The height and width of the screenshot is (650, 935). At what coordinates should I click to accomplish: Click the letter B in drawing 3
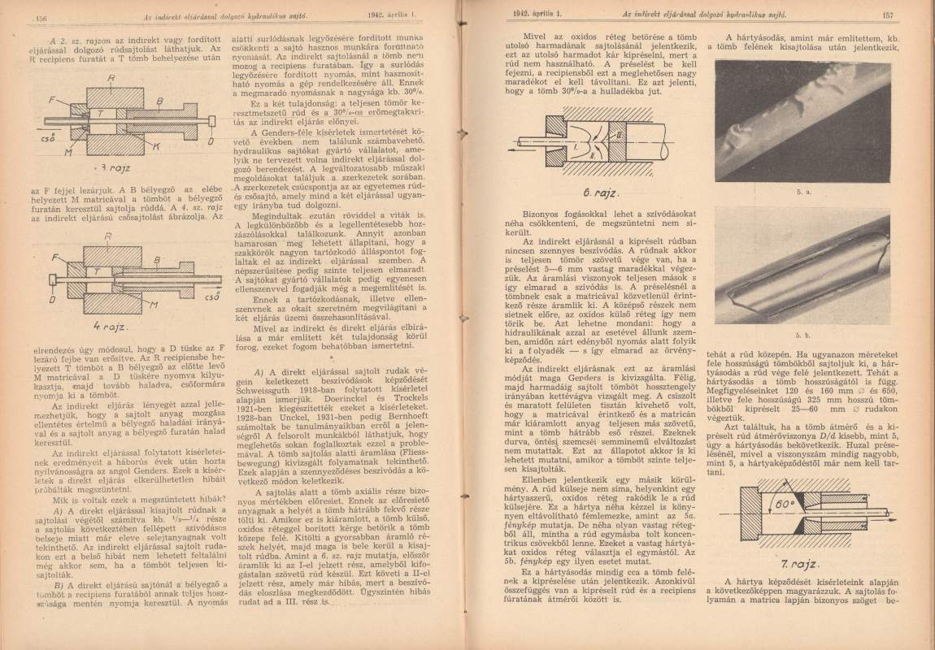159,97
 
